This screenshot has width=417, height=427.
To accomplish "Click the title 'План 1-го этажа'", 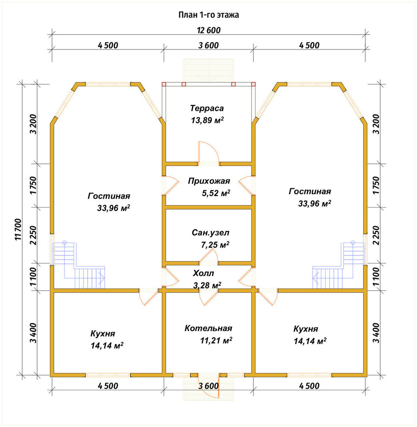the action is tap(208, 15).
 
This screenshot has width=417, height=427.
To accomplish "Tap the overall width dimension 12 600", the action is tap(208, 30).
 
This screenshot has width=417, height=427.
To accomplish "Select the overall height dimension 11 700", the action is tap(18, 229).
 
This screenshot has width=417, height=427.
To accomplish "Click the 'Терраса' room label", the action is tap(207, 108).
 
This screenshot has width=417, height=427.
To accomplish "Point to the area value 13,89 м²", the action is tap(207, 120).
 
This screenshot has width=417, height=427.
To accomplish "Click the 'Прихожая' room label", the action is tap(209, 181).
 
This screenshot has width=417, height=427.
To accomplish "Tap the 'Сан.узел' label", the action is tap(210, 233).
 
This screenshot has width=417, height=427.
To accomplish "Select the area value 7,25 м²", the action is tap(215, 245).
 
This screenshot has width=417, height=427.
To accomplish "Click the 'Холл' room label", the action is tap(203, 273).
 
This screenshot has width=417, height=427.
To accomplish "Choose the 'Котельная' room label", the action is tap(208, 328).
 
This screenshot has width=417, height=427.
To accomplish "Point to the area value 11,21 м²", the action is tap(216, 340).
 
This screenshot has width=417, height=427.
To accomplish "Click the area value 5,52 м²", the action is tap(216, 193).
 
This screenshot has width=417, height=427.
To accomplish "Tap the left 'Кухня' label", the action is tap(103, 333).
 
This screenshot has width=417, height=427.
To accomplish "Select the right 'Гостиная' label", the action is tap(310, 191).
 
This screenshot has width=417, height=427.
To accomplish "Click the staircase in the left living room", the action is tap(79, 266).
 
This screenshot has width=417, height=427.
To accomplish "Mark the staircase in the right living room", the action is tap(338, 266).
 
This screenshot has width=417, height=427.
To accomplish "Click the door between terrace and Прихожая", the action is tap(209, 152).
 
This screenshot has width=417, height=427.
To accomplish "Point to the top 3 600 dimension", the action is tap(208, 45).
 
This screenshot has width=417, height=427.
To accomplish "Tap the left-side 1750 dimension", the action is tap(33, 185).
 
